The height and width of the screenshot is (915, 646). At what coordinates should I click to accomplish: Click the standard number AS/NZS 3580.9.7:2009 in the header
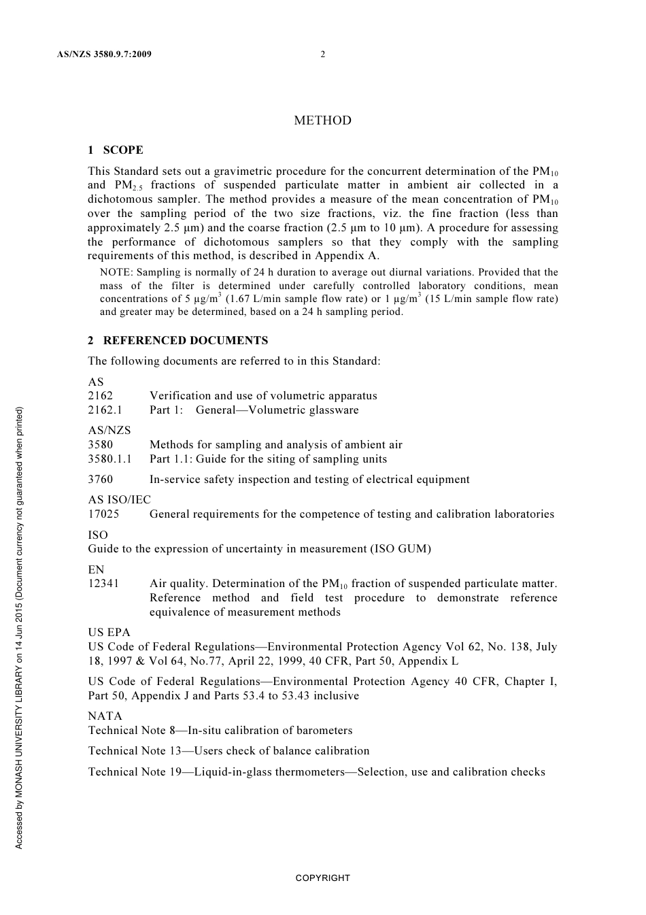[x=105, y=54]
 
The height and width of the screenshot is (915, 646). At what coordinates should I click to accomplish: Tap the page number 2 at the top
[x=322, y=54]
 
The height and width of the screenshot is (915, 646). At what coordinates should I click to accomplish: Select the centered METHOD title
[x=322, y=120]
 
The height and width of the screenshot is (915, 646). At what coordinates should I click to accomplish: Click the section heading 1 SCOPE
[x=116, y=150]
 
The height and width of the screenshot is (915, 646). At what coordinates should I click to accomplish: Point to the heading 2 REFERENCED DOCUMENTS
[x=178, y=340]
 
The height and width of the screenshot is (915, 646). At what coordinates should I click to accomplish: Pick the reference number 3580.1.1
[x=109, y=459]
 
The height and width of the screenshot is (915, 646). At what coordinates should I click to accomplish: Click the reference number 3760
[x=101, y=479]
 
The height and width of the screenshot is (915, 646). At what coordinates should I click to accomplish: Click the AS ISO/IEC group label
[x=119, y=499]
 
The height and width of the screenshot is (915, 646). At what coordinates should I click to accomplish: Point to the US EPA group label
[x=109, y=632]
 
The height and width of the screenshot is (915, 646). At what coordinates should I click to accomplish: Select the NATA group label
[x=105, y=716]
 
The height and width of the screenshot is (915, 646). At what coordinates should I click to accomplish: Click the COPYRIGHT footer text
[x=322, y=878]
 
